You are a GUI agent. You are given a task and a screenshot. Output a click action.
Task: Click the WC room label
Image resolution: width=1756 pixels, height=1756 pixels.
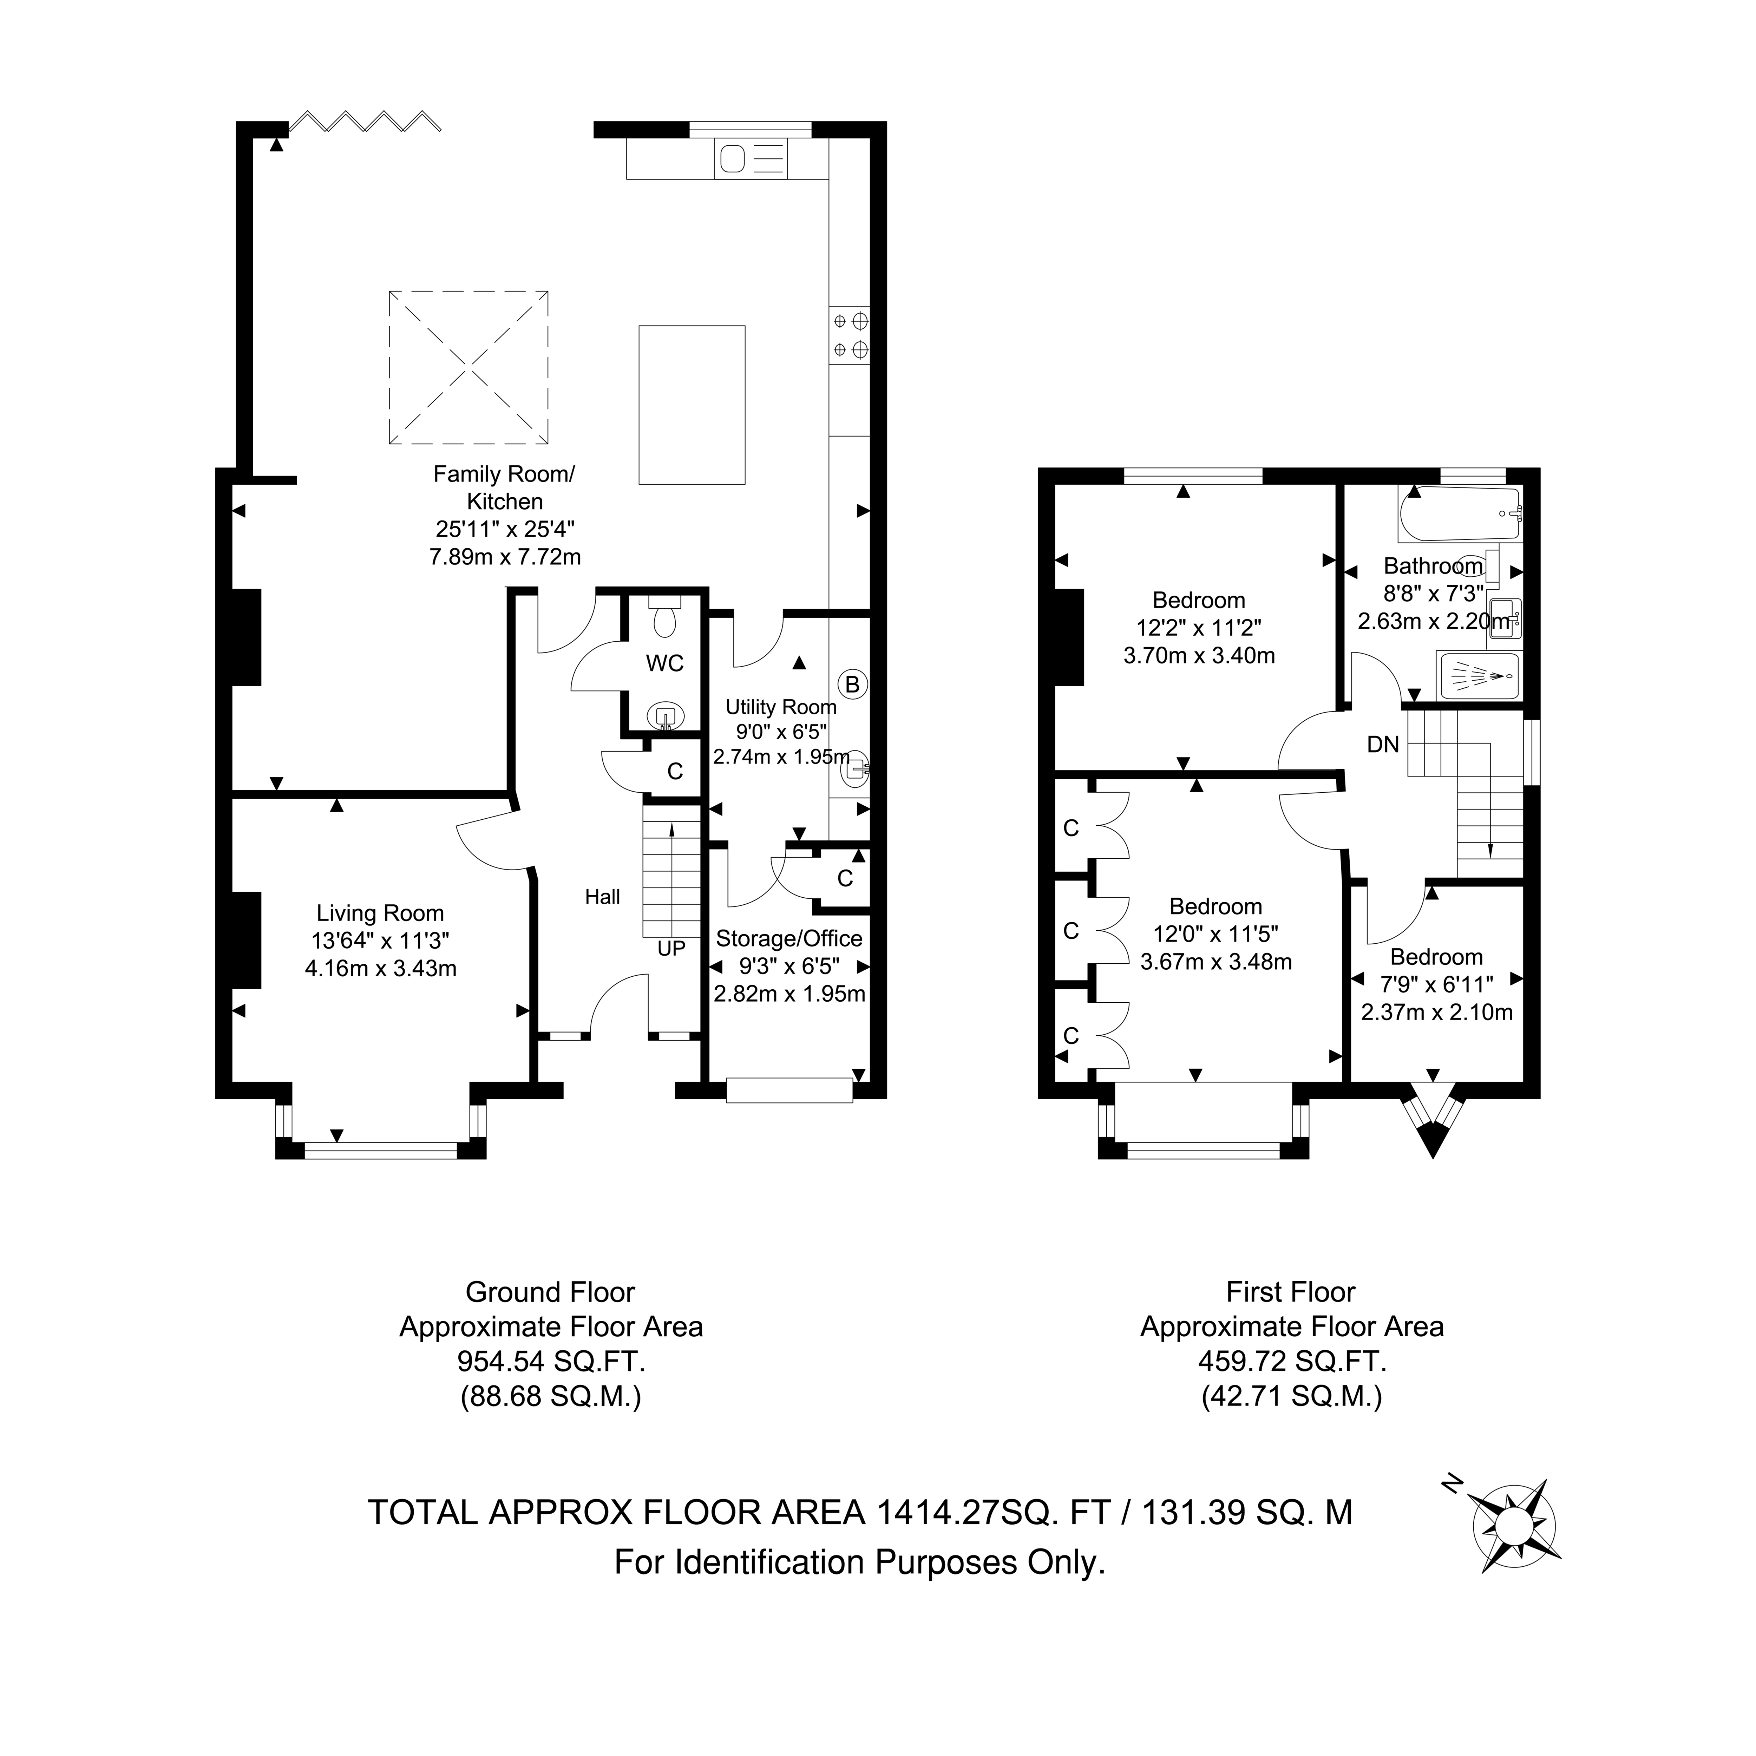(x=664, y=663)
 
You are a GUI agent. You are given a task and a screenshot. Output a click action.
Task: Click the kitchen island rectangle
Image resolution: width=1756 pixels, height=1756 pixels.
(x=692, y=405)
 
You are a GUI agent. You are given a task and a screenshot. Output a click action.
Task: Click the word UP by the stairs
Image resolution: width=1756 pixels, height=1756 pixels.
(x=671, y=948)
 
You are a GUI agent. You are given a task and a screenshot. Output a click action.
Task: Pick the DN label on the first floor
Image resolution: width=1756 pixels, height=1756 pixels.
(x=1382, y=745)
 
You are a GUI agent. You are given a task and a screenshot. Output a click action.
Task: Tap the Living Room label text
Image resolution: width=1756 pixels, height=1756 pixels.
(x=380, y=913)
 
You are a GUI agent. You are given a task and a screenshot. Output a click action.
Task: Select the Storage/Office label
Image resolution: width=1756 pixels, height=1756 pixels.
(x=789, y=938)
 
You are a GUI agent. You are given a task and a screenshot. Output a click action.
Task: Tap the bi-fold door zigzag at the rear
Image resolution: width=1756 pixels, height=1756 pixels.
(x=365, y=121)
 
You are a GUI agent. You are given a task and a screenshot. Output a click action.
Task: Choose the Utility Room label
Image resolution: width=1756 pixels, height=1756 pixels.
(x=781, y=707)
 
